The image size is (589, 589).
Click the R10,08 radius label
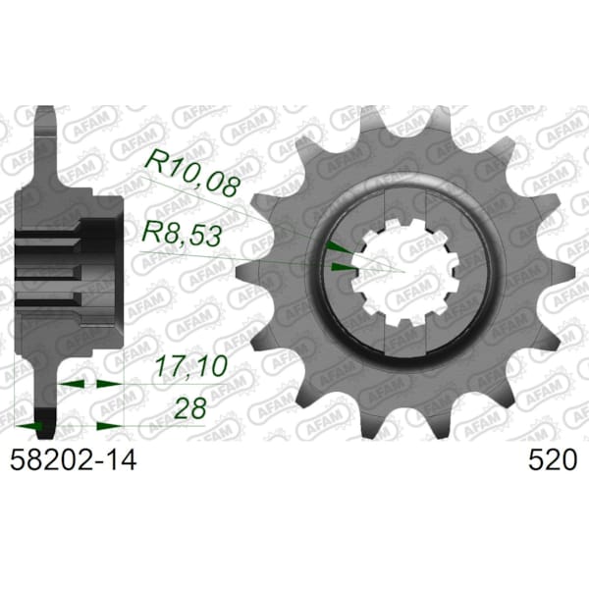[x=191, y=173]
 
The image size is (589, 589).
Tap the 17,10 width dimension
[x=191, y=365]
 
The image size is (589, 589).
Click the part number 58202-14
[x=73, y=460]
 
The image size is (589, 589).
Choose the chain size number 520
[x=552, y=460]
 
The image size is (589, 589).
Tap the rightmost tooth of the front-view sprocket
[x=559, y=271]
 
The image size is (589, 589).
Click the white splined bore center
[x=405, y=271]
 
